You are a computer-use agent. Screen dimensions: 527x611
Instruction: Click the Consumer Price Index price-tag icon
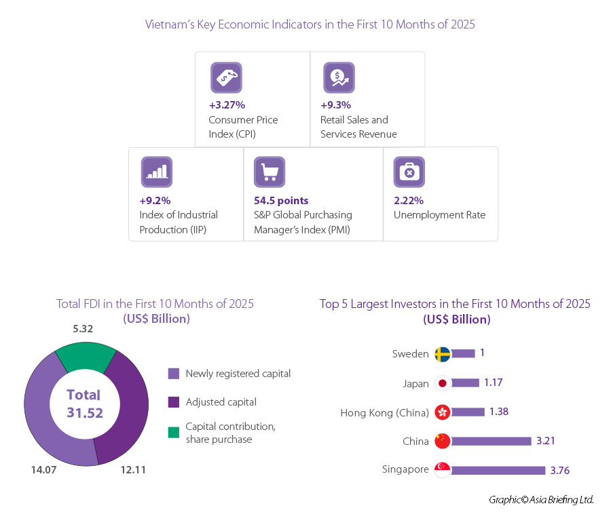click(226, 77)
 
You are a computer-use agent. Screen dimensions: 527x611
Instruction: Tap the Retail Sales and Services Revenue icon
click(339, 77)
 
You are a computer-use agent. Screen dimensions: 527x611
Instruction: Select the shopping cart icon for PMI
click(270, 172)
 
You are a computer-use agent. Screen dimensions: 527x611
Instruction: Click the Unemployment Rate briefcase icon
click(409, 172)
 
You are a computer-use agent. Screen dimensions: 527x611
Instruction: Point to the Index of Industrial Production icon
click(157, 172)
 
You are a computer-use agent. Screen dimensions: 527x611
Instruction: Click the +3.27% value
click(227, 105)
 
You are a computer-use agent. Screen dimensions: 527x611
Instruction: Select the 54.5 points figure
click(281, 201)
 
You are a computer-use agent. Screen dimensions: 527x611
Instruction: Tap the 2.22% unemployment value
click(409, 201)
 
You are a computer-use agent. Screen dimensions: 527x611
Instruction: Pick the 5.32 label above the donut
click(83, 329)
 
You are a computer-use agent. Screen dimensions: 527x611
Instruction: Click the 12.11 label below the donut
click(132, 469)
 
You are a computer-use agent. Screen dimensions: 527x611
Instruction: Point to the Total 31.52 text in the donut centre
click(85, 404)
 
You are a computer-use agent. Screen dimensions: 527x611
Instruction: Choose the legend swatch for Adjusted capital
click(174, 402)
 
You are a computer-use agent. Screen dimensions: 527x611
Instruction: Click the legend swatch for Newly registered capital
click(174, 373)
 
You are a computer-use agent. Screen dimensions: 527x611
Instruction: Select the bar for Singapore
click(498, 470)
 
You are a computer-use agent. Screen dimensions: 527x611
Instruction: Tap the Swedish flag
click(443, 354)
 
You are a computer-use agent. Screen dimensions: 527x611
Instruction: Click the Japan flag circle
click(443, 383)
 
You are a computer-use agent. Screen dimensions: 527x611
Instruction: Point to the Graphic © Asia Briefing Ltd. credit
click(541, 500)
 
